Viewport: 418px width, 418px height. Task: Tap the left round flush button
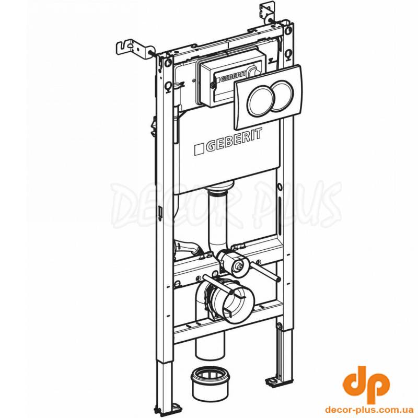pos(260,99)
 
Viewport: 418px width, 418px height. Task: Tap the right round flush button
pos(282,95)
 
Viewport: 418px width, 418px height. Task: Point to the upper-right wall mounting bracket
pos(266,14)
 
